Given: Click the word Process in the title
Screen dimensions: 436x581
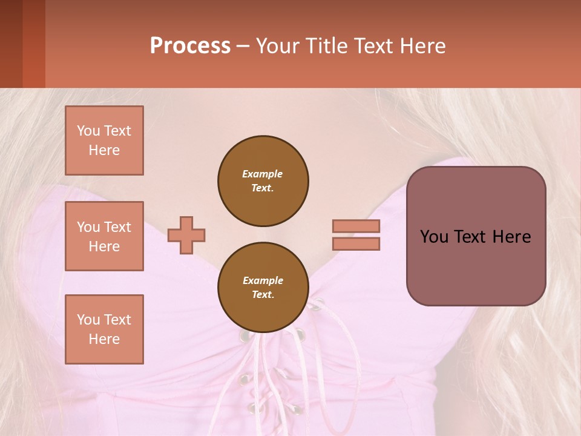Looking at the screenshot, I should point(190,46).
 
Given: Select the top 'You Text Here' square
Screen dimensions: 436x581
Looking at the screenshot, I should point(104,140).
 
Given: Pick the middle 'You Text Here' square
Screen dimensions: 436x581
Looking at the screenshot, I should point(104,236).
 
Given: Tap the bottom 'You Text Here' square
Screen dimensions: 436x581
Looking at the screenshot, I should point(104,329).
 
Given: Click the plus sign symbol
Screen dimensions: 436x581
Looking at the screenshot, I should point(186,235).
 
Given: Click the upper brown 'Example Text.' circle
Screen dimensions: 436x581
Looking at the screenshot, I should point(263,181).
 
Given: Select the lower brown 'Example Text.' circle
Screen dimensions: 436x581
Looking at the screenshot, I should point(263,288).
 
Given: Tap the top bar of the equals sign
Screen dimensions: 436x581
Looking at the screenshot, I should point(356,226).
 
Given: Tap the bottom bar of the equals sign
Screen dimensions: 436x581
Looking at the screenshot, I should point(356,243).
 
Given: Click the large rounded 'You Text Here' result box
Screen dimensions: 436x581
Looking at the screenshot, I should point(476,266).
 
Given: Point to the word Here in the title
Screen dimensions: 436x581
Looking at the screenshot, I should point(421,46).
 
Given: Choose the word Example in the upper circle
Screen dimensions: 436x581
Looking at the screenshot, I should point(263,174).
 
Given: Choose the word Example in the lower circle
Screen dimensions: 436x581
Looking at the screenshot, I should point(263,280).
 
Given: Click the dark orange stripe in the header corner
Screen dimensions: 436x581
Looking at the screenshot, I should point(33,44).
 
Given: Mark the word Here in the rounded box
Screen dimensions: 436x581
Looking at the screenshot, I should point(511,237).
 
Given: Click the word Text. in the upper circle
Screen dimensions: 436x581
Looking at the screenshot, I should point(263,188).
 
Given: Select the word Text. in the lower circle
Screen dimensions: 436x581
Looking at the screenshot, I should point(263,295).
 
